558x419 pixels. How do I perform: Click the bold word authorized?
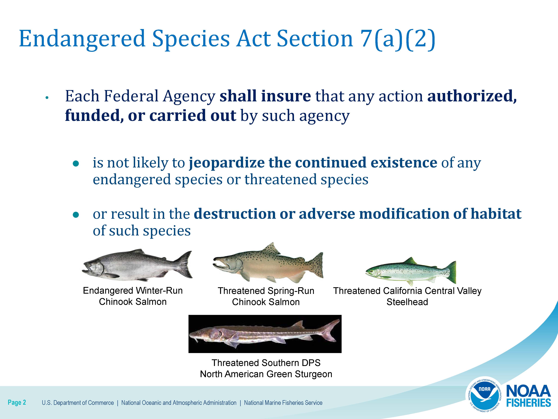[x=472, y=96]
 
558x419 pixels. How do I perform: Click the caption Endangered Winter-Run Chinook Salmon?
[x=133, y=296]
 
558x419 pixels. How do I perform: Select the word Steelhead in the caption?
[x=407, y=302]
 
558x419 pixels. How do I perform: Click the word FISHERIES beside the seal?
[x=528, y=403]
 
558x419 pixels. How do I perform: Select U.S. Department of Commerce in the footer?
[x=78, y=403]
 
